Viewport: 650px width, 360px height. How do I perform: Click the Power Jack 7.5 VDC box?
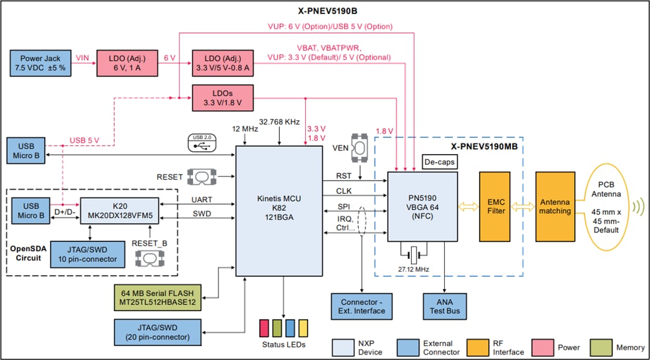point(40,63)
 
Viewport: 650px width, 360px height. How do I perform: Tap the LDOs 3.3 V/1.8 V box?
point(222,98)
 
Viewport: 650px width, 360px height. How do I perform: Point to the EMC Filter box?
point(497,206)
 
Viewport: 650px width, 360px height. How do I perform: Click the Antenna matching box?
point(554,206)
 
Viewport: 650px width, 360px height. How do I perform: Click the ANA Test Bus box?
point(445,306)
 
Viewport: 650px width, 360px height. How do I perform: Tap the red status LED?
point(264,328)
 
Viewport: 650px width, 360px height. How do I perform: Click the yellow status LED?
point(303,328)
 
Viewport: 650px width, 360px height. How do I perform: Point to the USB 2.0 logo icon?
point(201,141)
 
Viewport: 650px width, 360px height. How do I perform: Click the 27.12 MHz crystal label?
point(413,268)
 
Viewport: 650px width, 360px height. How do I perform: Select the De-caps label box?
point(439,162)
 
